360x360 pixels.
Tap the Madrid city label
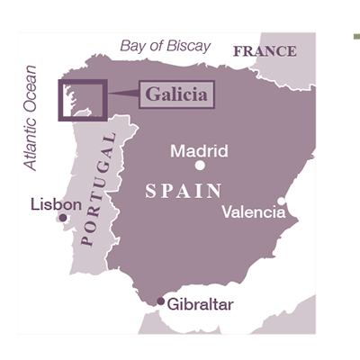(x=199, y=150)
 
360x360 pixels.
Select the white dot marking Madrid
(x=200, y=166)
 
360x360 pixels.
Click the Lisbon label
(x=56, y=204)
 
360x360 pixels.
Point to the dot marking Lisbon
(x=62, y=218)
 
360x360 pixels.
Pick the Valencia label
(x=254, y=212)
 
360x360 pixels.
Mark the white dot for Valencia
(x=282, y=202)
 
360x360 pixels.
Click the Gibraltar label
(x=200, y=304)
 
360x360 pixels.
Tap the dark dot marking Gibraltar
(x=161, y=301)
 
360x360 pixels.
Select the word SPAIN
(x=184, y=191)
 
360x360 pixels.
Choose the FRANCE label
(x=265, y=51)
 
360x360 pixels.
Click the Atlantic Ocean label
(x=32, y=117)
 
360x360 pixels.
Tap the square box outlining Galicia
(x=83, y=100)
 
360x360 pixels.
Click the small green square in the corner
(x=356, y=37)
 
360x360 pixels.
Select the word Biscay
(x=188, y=45)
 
